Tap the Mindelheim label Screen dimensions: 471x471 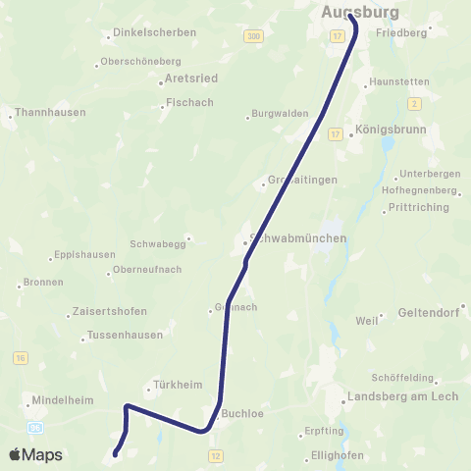pos(62,400)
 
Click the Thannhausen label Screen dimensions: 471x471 pos(50,113)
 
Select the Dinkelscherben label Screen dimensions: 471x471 pos(155,32)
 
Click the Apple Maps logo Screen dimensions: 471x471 pos(34,454)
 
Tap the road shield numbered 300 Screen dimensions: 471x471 pos(254,35)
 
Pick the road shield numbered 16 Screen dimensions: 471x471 pos(21,358)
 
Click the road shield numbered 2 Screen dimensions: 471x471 pos(415,103)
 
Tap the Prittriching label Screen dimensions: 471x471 pos(418,208)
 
